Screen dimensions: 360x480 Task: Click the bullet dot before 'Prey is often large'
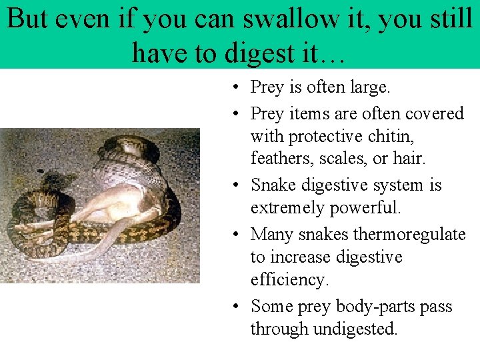(x=238, y=87)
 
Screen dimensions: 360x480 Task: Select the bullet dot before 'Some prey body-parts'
(x=238, y=306)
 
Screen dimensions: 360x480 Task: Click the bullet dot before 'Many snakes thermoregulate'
(x=238, y=233)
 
